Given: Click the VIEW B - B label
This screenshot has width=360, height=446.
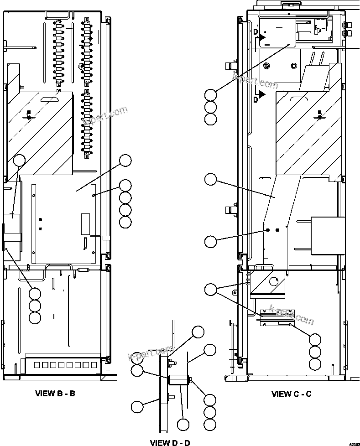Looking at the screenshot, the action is point(55,393).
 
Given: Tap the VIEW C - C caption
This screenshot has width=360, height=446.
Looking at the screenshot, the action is point(291,394).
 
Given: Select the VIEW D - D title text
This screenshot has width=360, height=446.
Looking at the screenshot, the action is point(170,442).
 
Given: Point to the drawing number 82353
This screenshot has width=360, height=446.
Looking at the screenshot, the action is point(354,443).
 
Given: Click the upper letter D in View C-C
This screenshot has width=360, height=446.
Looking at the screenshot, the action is point(256,31).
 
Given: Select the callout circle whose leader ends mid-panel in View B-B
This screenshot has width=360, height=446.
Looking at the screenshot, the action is point(125,160).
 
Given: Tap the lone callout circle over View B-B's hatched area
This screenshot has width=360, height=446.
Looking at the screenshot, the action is point(19,160).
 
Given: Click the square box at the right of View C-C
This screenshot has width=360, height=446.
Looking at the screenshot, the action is point(328,235).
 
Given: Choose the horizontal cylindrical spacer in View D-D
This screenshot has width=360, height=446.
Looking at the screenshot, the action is point(178,380).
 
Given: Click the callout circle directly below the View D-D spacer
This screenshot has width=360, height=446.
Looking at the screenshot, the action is point(183,425).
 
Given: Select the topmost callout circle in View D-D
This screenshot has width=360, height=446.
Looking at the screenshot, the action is point(198,332).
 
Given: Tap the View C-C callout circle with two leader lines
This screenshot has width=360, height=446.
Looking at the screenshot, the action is point(210,289).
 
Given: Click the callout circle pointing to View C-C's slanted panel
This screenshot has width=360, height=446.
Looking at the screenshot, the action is point(210,179).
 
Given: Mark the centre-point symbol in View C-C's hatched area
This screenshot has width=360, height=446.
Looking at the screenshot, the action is point(320,117).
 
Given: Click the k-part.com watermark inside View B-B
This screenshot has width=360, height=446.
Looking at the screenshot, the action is point(105,118).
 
